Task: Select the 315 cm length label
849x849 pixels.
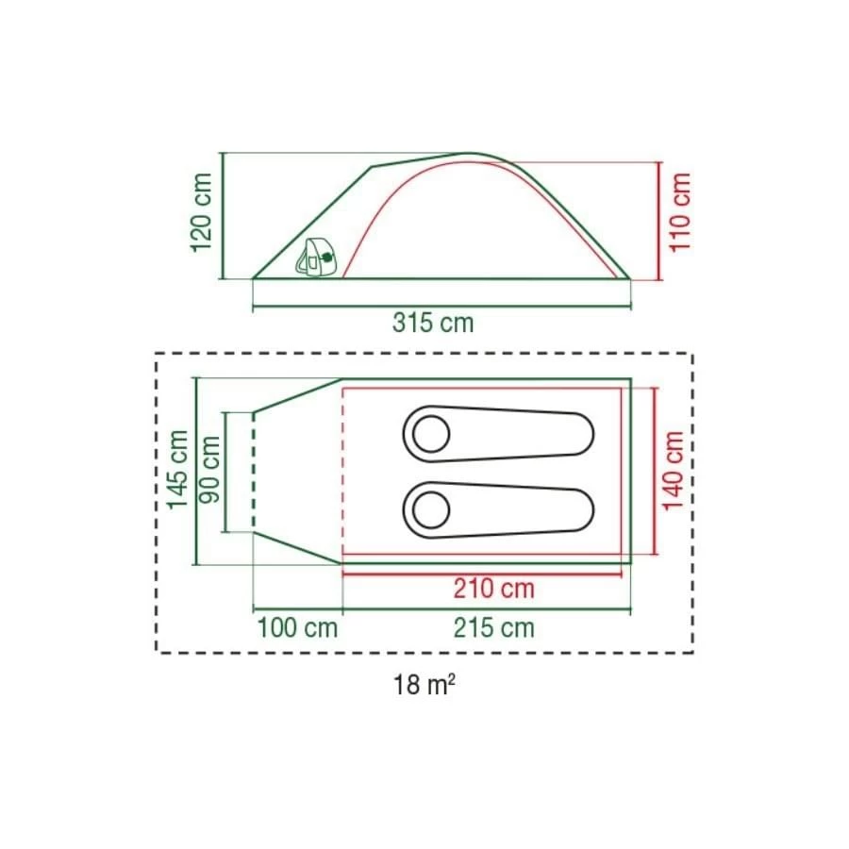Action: coord(433,323)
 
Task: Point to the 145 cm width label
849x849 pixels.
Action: coord(176,469)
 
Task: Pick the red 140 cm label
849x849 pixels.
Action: coord(673,470)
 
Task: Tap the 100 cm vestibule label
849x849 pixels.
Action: coord(296,627)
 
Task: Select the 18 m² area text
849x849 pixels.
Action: coord(424,685)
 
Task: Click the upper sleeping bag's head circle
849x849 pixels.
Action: coord(433,435)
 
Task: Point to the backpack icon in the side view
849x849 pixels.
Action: coord(317,258)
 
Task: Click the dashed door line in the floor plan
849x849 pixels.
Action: coord(253,472)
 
